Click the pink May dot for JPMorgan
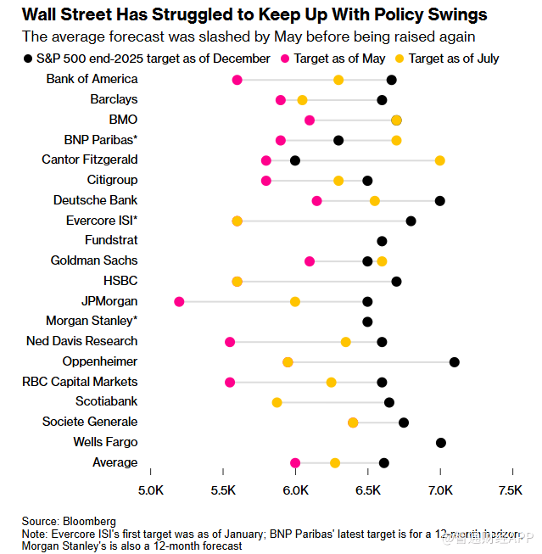tap(179, 301)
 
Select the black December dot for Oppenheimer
tap(455, 362)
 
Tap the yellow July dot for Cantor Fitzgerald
tap(439, 160)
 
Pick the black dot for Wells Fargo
tap(441, 442)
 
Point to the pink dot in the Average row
tap(295, 462)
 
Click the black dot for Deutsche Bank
tap(439, 200)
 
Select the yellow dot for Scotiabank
tap(277, 402)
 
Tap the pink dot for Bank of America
tap(237, 80)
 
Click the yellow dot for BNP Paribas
tap(396, 140)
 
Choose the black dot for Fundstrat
tap(382, 241)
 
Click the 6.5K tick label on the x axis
tap(367, 490)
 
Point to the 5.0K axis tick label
tap(150, 490)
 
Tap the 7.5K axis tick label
tap(511, 490)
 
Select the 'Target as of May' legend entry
tap(328, 59)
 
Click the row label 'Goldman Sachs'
tap(94, 260)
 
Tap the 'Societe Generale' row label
tap(90, 422)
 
